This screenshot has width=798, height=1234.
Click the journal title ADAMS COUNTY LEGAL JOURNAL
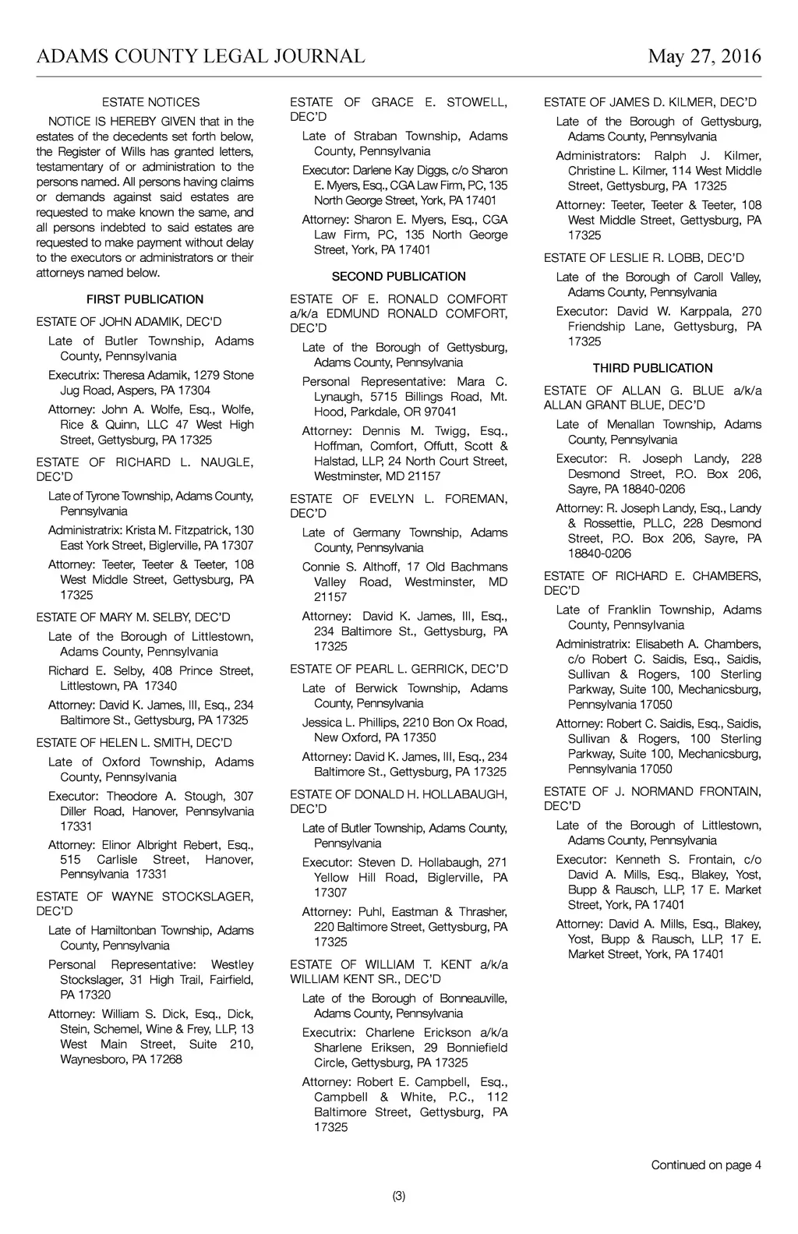point(200,56)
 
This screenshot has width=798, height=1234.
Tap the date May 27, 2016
point(704,56)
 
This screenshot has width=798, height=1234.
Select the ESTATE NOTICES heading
point(150,102)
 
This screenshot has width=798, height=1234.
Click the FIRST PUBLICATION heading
point(145,299)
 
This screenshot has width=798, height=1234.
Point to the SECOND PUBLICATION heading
point(398,277)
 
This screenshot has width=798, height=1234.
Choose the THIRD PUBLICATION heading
point(652,368)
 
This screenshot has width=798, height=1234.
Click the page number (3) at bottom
point(398,1196)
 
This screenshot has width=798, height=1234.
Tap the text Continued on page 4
point(706,1165)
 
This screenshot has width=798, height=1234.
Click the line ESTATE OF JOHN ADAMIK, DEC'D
point(129,322)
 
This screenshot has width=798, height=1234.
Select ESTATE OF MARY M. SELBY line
point(133,617)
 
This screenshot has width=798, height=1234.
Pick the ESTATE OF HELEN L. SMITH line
point(134,743)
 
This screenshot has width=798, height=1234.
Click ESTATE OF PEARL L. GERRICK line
point(398,669)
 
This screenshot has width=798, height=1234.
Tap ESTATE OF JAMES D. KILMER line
point(650,102)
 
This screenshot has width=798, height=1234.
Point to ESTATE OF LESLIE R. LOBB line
point(644,257)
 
